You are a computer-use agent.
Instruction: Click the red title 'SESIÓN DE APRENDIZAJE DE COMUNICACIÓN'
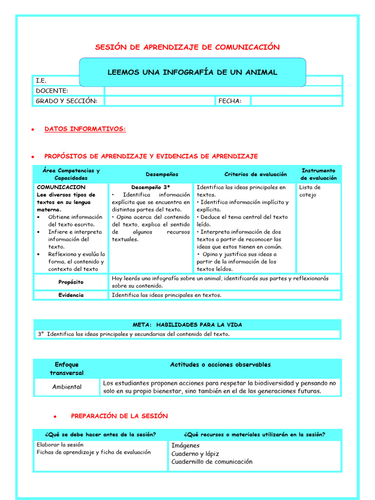(x=187, y=47)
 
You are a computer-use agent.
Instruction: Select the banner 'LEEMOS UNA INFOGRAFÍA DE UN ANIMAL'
(x=192, y=72)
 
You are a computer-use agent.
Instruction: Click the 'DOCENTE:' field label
(x=52, y=91)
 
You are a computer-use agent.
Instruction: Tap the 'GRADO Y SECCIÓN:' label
(x=66, y=101)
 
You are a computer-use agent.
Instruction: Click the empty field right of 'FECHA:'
(x=296, y=101)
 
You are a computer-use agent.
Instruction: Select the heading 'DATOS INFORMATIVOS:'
(x=85, y=129)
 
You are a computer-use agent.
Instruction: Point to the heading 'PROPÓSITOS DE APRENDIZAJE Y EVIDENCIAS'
(x=151, y=156)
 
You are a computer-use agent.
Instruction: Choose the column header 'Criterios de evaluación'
(x=255, y=174)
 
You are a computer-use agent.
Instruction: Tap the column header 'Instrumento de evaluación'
(x=318, y=174)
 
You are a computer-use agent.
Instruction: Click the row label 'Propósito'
(x=71, y=282)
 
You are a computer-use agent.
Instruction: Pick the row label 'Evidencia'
(x=71, y=295)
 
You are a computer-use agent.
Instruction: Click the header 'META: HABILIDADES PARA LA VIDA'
(x=187, y=325)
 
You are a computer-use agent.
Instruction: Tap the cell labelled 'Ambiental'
(x=67, y=387)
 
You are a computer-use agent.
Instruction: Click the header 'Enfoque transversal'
(x=67, y=369)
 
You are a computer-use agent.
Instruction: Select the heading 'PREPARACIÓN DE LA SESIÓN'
(x=119, y=416)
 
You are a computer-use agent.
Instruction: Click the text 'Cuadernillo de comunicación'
(x=212, y=461)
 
